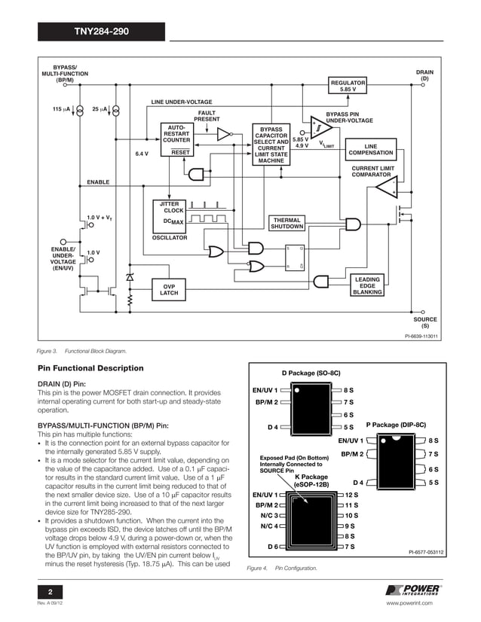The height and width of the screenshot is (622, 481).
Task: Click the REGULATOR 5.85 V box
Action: click(x=348, y=85)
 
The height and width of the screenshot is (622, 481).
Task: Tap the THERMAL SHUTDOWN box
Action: click(x=287, y=223)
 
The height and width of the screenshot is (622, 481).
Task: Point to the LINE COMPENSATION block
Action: click(x=370, y=149)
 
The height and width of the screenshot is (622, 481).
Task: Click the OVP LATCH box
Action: click(x=170, y=289)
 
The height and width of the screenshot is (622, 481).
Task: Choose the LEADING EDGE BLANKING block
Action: click(x=367, y=286)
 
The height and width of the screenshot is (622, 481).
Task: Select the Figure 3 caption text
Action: click(x=83, y=351)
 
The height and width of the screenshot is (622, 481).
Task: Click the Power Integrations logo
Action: click(x=413, y=590)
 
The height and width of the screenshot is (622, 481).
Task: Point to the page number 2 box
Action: click(x=51, y=590)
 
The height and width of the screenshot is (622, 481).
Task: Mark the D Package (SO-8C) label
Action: click(x=311, y=373)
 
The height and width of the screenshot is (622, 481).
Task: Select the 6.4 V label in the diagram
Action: click(x=142, y=154)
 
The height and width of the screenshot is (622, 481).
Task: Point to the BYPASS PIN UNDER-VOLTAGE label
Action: click(x=349, y=117)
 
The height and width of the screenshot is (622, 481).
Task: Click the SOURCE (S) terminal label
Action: click(x=424, y=323)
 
